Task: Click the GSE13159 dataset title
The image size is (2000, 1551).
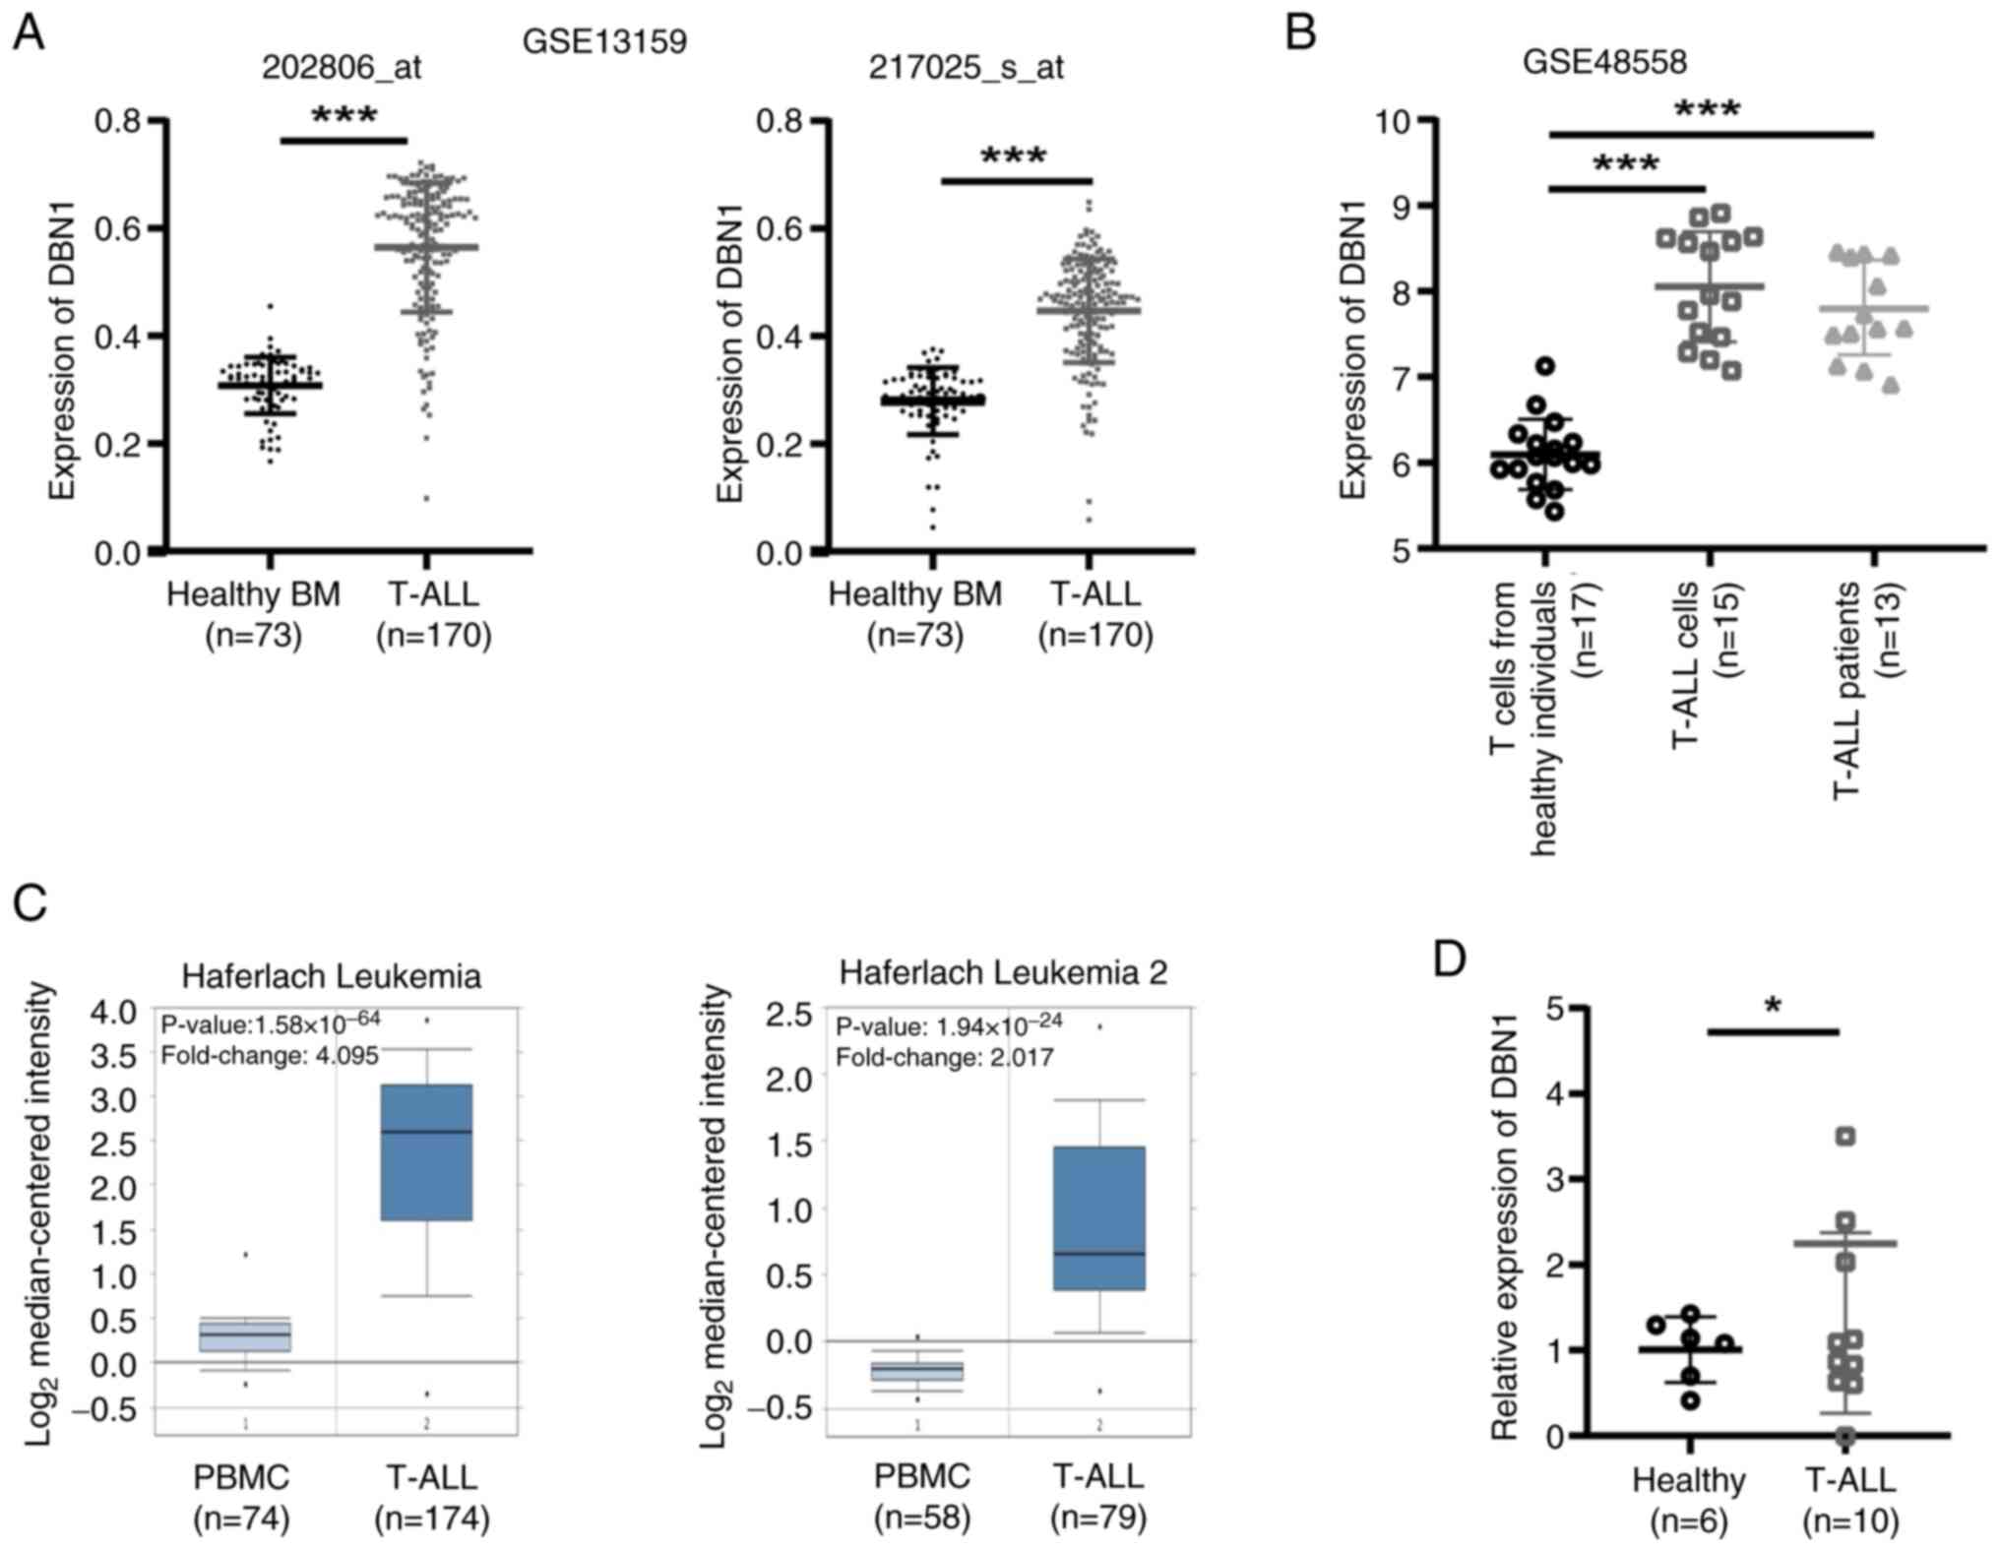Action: pos(604,41)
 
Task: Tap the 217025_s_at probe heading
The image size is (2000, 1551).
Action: pos(966,67)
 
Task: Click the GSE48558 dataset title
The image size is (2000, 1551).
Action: pos(1604,61)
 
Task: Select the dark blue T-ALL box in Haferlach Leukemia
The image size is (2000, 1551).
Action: pos(426,1151)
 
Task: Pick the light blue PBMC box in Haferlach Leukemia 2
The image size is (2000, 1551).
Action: pos(917,1372)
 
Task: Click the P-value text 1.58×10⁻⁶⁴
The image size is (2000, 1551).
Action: pos(271,1024)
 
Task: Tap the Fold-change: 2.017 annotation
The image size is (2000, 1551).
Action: pos(944,1058)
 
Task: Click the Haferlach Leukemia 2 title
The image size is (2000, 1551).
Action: pos(1003,972)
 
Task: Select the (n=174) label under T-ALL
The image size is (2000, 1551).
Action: pos(432,1519)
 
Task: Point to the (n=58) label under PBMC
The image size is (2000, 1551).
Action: pos(922,1518)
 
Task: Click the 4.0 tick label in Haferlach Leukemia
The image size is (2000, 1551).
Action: pos(115,1012)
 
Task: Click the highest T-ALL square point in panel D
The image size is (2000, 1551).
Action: pos(1845,1137)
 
